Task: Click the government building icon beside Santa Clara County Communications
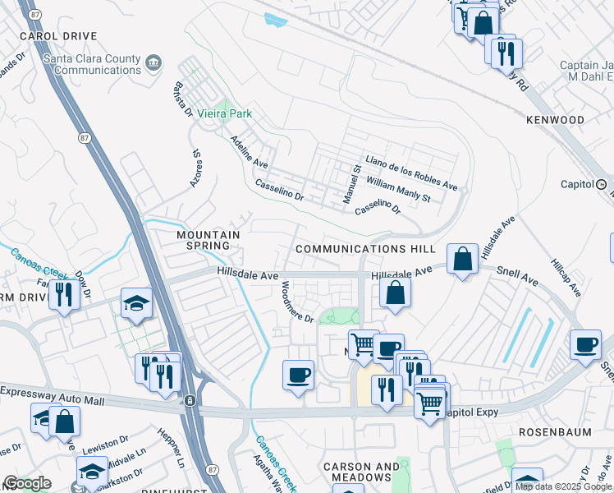click(153, 63)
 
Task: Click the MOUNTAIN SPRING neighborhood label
click(208, 240)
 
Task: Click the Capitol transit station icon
click(601, 184)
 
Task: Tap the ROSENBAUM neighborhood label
click(554, 431)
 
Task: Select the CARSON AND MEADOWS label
click(356, 472)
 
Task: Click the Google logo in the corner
click(26, 483)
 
